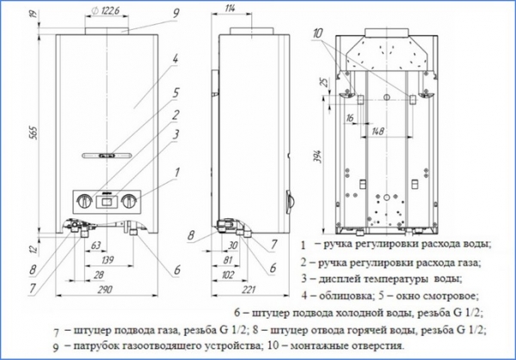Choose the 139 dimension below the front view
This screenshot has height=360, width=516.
pyautogui.click(x=107, y=259)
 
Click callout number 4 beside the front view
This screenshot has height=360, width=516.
pyautogui.click(x=175, y=59)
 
